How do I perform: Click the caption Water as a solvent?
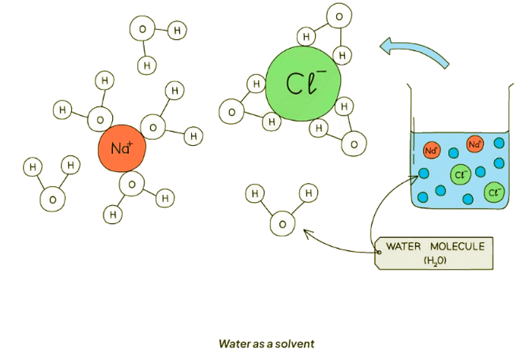click(x=266, y=344)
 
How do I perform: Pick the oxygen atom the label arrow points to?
click(x=282, y=224)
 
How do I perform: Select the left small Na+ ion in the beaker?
click(x=432, y=151)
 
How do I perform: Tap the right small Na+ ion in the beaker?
click(x=475, y=144)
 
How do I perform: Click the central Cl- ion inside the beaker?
click(x=459, y=175)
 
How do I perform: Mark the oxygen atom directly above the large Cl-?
click(x=338, y=16)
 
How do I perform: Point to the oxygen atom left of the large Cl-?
click(x=231, y=112)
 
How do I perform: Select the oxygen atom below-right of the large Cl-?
click(x=354, y=145)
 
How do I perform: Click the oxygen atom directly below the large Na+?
click(x=131, y=184)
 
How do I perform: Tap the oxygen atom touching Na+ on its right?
click(x=153, y=128)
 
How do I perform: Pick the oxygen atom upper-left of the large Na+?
click(x=99, y=119)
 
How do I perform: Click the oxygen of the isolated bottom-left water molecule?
click(x=52, y=200)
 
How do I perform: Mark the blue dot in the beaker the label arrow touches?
click(x=423, y=172)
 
